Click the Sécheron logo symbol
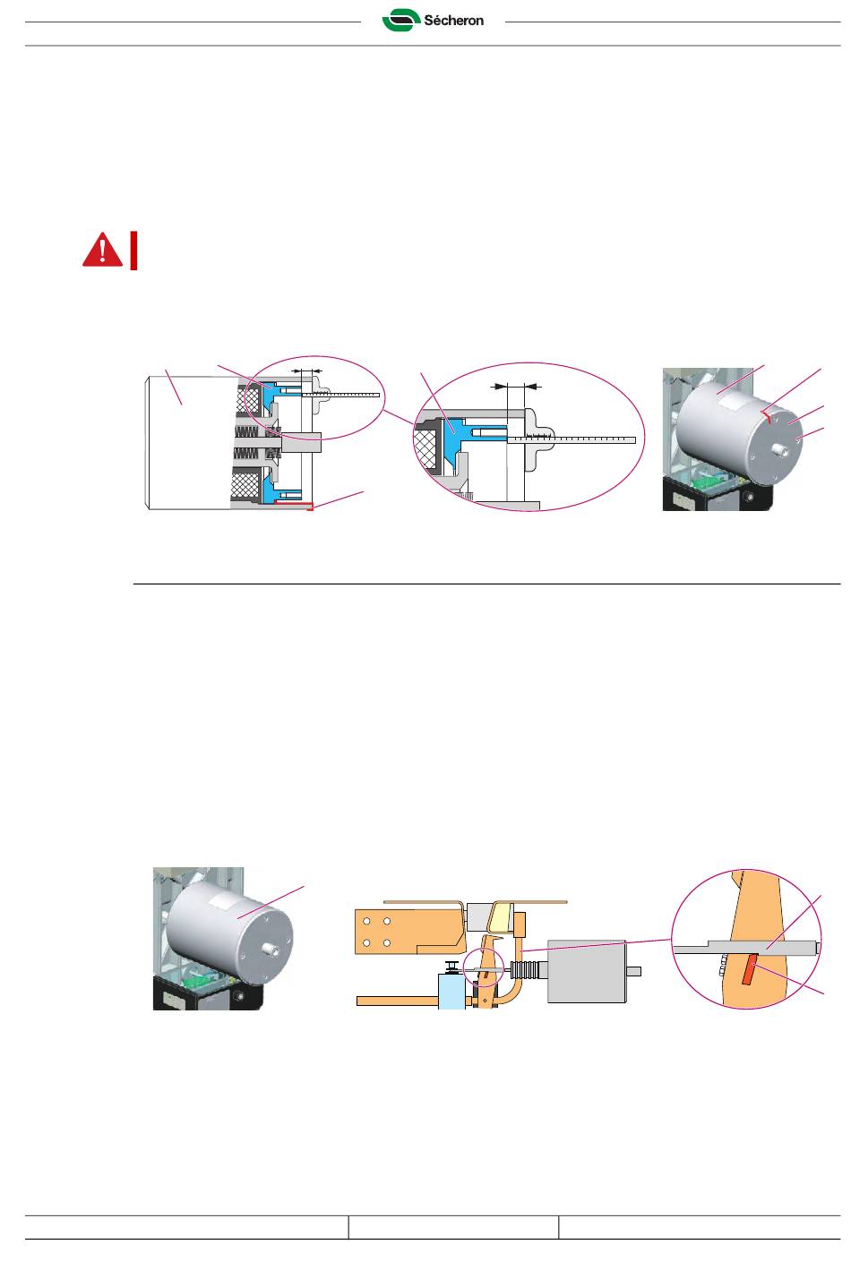point(400,20)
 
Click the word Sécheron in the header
point(453,21)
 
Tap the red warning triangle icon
point(102,250)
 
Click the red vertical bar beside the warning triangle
point(133,251)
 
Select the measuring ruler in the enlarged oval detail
point(573,439)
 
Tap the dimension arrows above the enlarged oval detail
point(519,387)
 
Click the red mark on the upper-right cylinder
point(766,413)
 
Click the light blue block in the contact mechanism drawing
point(451,992)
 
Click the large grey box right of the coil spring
point(586,971)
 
